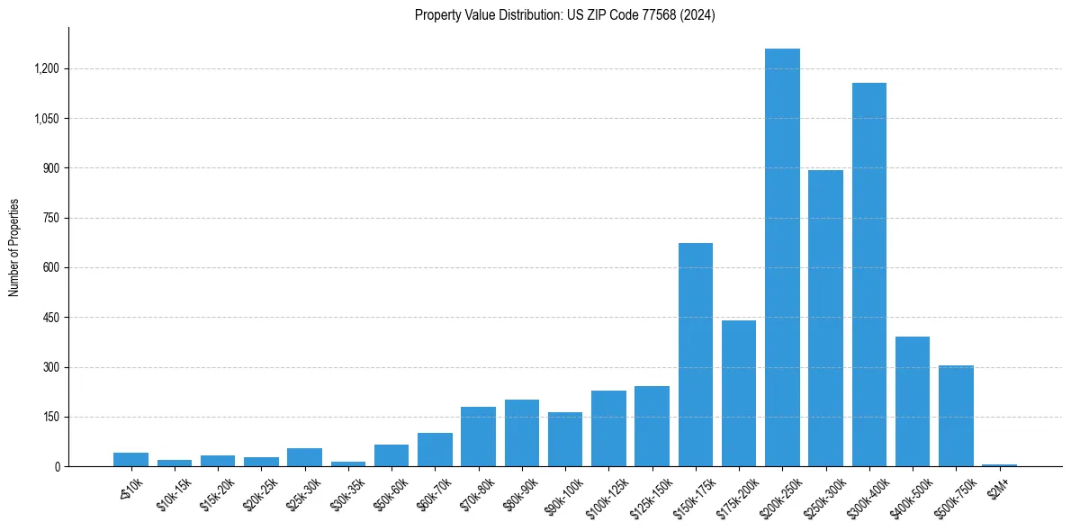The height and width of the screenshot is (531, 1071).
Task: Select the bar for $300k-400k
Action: click(869, 274)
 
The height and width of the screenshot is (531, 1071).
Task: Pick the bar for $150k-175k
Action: click(696, 355)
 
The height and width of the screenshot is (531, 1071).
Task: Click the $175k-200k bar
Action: click(739, 393)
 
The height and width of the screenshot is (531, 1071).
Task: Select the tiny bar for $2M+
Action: click(999, 464)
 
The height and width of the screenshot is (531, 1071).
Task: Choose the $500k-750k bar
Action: click(956, 416)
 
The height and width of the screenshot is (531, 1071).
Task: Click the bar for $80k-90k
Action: click(522, 433)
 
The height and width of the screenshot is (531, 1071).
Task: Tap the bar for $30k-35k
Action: click(348, 463)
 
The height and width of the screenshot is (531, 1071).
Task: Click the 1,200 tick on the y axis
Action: click(46, 68)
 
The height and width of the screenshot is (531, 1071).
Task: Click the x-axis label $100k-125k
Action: click(605, 491)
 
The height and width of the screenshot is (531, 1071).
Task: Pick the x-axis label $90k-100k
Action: click(562, 491)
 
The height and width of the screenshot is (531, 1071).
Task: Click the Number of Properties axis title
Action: click(13, 247)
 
